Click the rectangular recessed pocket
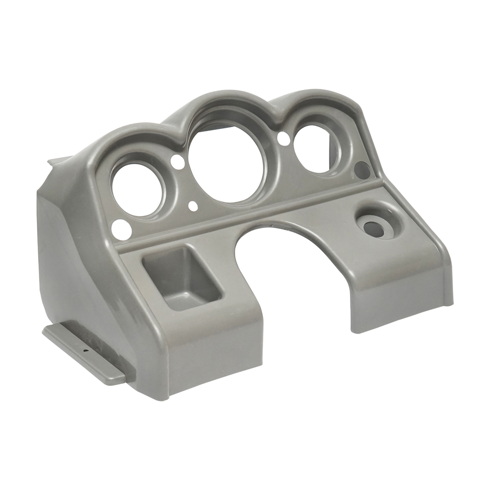click(x=182, y=282)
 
